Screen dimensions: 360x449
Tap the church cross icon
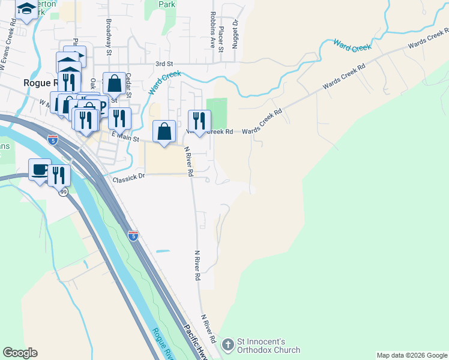pyautogui.click(x=228, y=345)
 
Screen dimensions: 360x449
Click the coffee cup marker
pyautogui.click(x=40, y=170)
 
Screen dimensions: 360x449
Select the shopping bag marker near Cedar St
pyautogui.click(x=114, y=84)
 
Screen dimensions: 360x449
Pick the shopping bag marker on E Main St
pyautogui.click(x=164, y=132)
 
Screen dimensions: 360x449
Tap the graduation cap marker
pyautogui.click(x=26, y=10)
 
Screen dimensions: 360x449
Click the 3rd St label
pyautogui.click(x=164, y=64)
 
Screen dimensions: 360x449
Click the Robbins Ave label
pyautogui.click(x=213, y=29)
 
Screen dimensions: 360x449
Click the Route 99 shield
pyautogui.click(x=63, y=191)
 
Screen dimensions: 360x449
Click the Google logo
pyautogui.click(x=20, y=353)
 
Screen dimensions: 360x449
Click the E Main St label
pyautogui.click(x=126, y=139)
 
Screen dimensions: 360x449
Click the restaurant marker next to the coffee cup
pyautogui.click(x=59, y=175)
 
